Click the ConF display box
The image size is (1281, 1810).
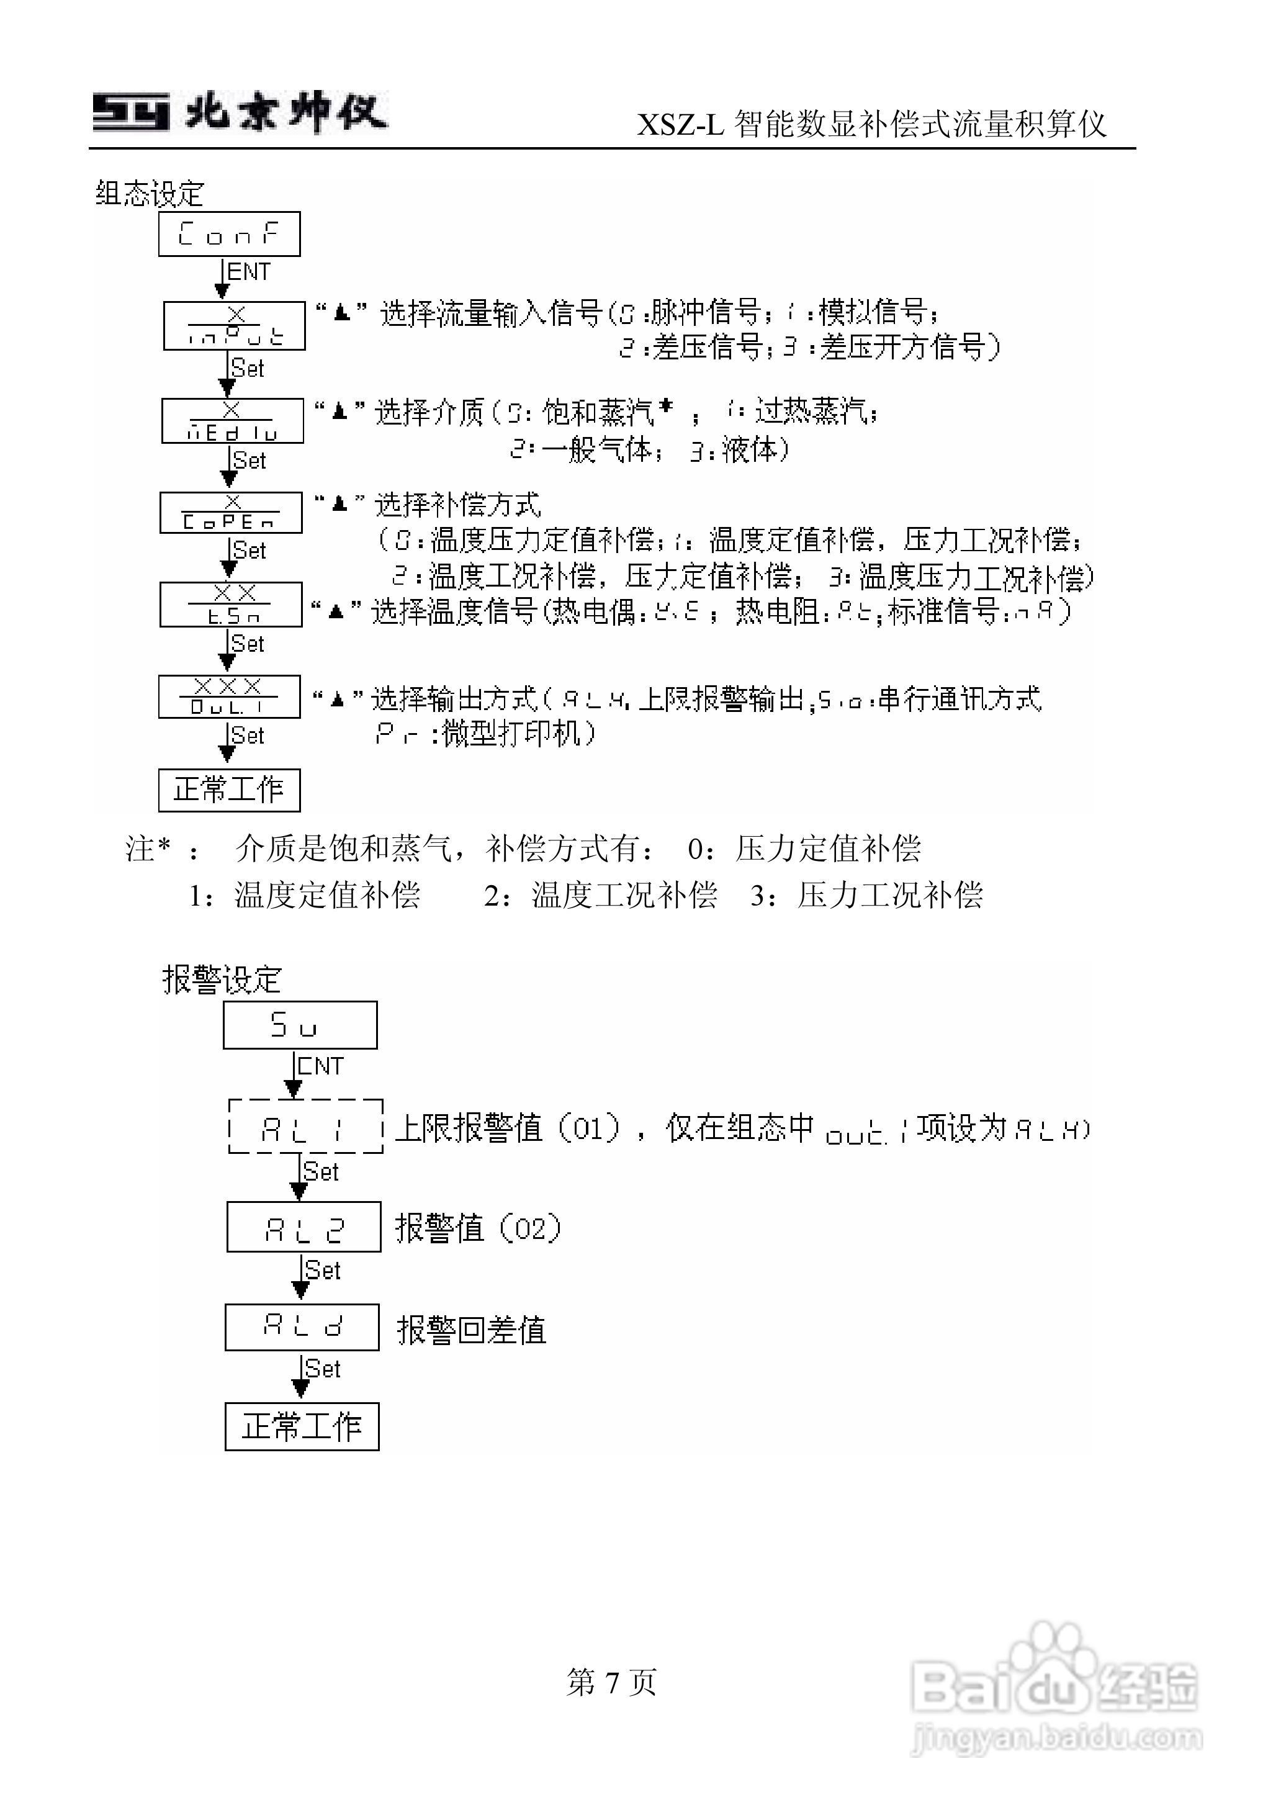point(229,233)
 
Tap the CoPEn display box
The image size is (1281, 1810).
point(230,513)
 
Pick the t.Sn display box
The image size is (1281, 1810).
point(230,605)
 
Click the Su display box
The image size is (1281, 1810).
point(300,1025)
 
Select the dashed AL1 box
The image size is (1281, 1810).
point(305,1126)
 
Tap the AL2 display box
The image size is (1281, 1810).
point(303,1227)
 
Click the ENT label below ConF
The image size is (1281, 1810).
point(248,272)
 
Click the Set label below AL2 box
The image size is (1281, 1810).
point(322,1271)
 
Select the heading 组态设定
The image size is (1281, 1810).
point(150,193)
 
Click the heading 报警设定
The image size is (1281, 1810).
point(222,979)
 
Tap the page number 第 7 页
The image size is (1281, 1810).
point(611,1682)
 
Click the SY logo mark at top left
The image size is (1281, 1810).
point(131,112)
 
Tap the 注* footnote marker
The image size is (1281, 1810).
point(148,849)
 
